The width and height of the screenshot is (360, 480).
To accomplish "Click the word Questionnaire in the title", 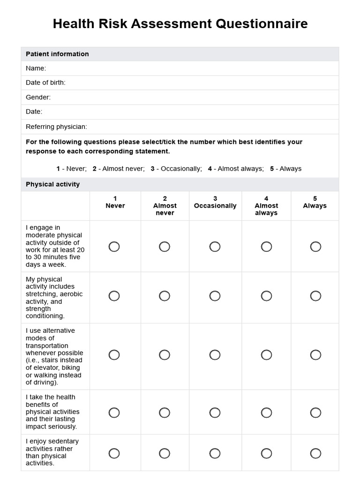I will pyautogui.click(x=262, y=24).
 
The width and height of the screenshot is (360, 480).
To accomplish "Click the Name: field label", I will pyautogui.click(x=36, y=68).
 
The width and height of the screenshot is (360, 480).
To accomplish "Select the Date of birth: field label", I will pyautogui.click(x=45, y=83).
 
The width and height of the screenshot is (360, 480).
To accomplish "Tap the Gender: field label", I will pyautogui.click(x=38, y=97).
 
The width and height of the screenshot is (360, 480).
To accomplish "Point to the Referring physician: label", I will pyautogui.click(x=56, y=127).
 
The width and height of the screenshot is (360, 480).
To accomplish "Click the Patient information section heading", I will pyautogui.click(x=57, y=54).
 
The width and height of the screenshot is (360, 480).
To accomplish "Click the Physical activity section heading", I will pyautogui.click(x=52, y=184).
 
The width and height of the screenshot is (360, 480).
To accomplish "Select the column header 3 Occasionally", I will pyautogui.click(x=215, y=202).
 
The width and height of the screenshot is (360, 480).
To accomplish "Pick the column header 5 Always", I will pyautogui.click(x=315, y=202).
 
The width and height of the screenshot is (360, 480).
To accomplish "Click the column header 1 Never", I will pyautogui.click(x=115, y=202).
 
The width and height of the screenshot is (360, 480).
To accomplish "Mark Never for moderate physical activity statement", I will pyautogui.click(x=114, y=247).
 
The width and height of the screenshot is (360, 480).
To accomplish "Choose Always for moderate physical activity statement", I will pyautogui.click(x=315, y=247).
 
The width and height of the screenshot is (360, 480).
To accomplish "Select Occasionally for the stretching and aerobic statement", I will pyautogui.click(x=215, y=296).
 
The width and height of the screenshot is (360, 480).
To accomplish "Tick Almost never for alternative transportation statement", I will pyautogui.click(x=165, y=355).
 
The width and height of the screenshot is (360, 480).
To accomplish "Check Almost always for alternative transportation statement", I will pyautogui.click(x=266, y=355).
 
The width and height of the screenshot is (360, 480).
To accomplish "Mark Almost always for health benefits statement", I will pyautogui.click(x=266, y=412).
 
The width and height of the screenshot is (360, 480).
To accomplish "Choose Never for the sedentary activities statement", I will pyautogui.click(x=114, y=453).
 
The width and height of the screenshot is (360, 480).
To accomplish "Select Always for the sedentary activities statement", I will pyautogui.click(x=315, y=453).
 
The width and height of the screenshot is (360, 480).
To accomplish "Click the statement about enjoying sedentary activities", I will pyautogui.click(x=52, y=452).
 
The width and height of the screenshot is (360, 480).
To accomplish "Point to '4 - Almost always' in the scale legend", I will pyautogui.click(x=236, y=169).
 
